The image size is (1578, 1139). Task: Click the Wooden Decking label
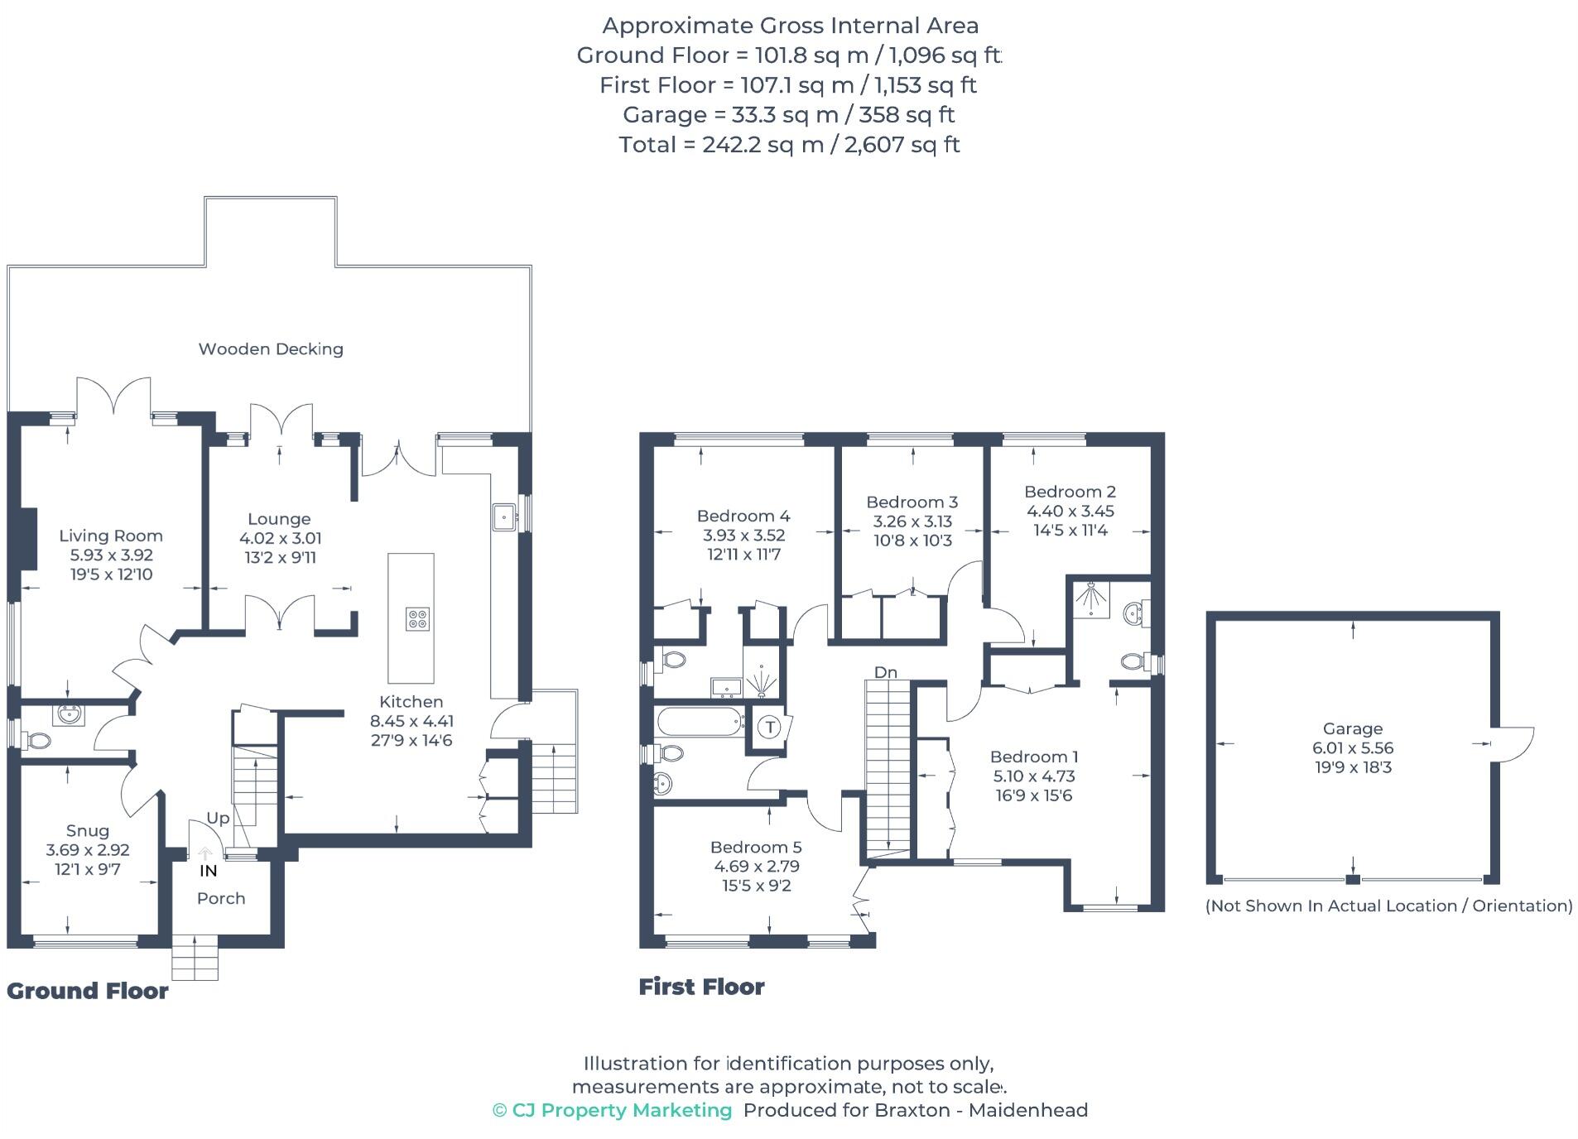pos(271,349)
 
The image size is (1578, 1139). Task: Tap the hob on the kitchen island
pos(417,618)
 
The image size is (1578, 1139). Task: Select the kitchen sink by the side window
pos(503,517)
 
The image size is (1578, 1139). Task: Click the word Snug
pos(87,831)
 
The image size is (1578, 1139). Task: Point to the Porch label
pos(221,899)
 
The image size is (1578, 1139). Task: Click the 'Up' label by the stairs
pos(218,818)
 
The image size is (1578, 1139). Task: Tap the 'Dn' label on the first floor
pos(885,672)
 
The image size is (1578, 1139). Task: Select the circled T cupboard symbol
pos(770,728)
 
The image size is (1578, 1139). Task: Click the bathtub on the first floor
pos(700,723)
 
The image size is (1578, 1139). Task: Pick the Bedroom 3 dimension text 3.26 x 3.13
pos(912,521)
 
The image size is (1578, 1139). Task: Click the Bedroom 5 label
pos(756,848)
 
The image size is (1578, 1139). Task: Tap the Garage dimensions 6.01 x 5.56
pos(1353,748)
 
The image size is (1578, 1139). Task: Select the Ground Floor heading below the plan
pos(88,991)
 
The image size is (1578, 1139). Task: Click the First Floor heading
pos(701,987)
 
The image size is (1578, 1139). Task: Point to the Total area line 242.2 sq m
pos(789,145)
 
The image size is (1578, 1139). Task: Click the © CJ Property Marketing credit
pos(613,1111)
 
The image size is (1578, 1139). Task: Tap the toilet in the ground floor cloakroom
pos(36,739)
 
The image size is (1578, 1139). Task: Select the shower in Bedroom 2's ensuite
pos(1092,600)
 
